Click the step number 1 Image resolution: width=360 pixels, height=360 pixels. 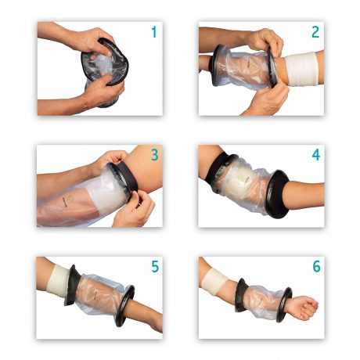(154, 32)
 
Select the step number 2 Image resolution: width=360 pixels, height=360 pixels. (315, 32)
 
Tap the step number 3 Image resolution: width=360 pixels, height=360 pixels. (155, 155)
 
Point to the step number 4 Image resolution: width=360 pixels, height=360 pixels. (316, 155)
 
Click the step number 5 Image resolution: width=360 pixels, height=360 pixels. (155, 267)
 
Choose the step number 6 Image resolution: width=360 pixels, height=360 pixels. (316, 267)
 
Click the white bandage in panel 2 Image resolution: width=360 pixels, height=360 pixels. (302, 69)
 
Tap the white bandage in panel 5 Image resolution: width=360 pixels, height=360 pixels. (59, 282)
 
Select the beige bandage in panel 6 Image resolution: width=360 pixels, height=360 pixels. (217, 283)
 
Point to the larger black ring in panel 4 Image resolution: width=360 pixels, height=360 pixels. (277, 193)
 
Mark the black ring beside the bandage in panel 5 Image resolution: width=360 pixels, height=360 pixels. (71, 286)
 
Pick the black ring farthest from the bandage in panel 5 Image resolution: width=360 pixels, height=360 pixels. (125, 306)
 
